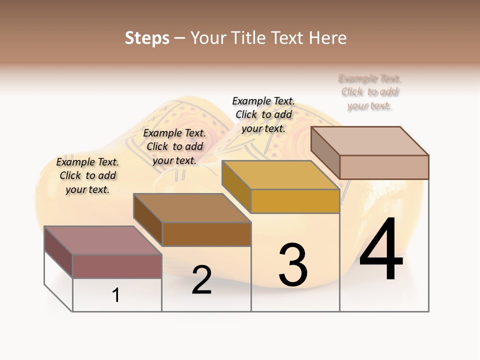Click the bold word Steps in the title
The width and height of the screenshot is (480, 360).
click(x=147, y=38)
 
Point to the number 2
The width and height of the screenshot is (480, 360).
click(x=201, y=280)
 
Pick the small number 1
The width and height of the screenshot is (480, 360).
click(x=116, y=295)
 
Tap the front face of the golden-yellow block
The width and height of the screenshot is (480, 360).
click(x=295, y=201)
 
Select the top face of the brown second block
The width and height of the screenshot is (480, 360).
click(x=192, y=207)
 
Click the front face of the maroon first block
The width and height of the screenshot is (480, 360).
click(x=117, y=266)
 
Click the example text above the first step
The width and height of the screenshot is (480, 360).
click(x=87, y=175)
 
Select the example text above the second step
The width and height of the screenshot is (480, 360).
click(x=174, y=146)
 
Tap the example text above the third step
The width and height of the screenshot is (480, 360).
click(x=263, y=114)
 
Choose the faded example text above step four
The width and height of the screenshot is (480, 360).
click(x=369, y=92)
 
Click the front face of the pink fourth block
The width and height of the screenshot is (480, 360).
click(x=384, y=167)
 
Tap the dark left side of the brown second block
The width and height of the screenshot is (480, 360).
click(x=148, y=220)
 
